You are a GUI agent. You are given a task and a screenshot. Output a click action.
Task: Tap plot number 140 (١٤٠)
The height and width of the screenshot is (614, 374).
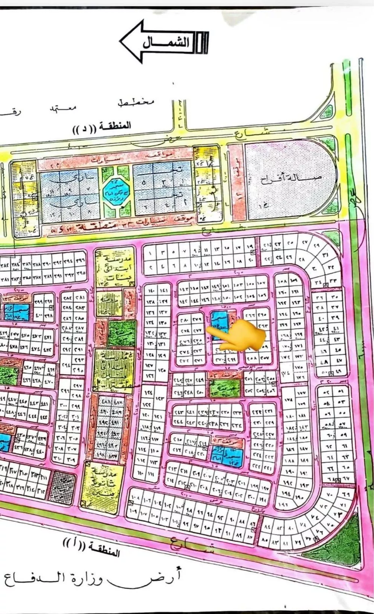point(151,290)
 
